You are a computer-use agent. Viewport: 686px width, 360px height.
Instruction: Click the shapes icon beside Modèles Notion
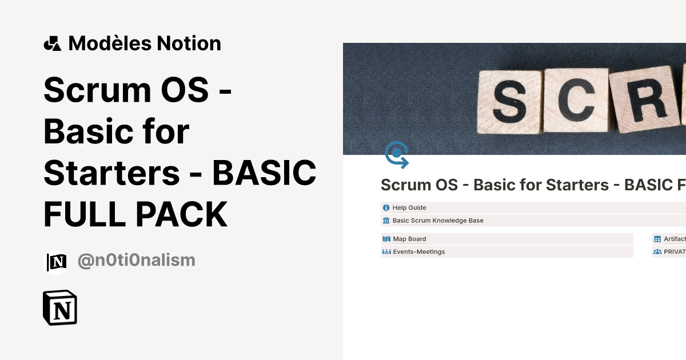(x=53, y=43)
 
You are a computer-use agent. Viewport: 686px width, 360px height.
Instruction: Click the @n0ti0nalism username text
(x=136, y=261)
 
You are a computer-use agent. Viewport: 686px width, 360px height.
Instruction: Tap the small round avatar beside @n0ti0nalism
(x=56, y=262)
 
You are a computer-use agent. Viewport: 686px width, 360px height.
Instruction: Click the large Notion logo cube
(x=60, y=308)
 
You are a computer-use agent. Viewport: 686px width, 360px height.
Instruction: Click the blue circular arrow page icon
(x=397, y=155)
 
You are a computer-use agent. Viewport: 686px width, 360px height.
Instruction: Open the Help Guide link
(x=409, y=208)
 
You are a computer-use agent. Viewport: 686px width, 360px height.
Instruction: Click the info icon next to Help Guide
(x=386, y=208)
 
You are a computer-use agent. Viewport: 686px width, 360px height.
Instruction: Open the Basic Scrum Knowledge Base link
(x=438, y=221)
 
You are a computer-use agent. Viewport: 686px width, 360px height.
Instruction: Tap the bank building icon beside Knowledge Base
(x=386, y=221)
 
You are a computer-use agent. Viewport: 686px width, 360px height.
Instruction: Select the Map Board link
(x=409, y=239)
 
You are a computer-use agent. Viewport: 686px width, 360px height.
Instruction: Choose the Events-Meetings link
(x=418, y=251)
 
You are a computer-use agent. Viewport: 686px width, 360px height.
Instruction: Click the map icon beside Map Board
(x=386, y=239)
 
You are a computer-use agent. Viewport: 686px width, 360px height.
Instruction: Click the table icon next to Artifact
(x=657, y=239)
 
